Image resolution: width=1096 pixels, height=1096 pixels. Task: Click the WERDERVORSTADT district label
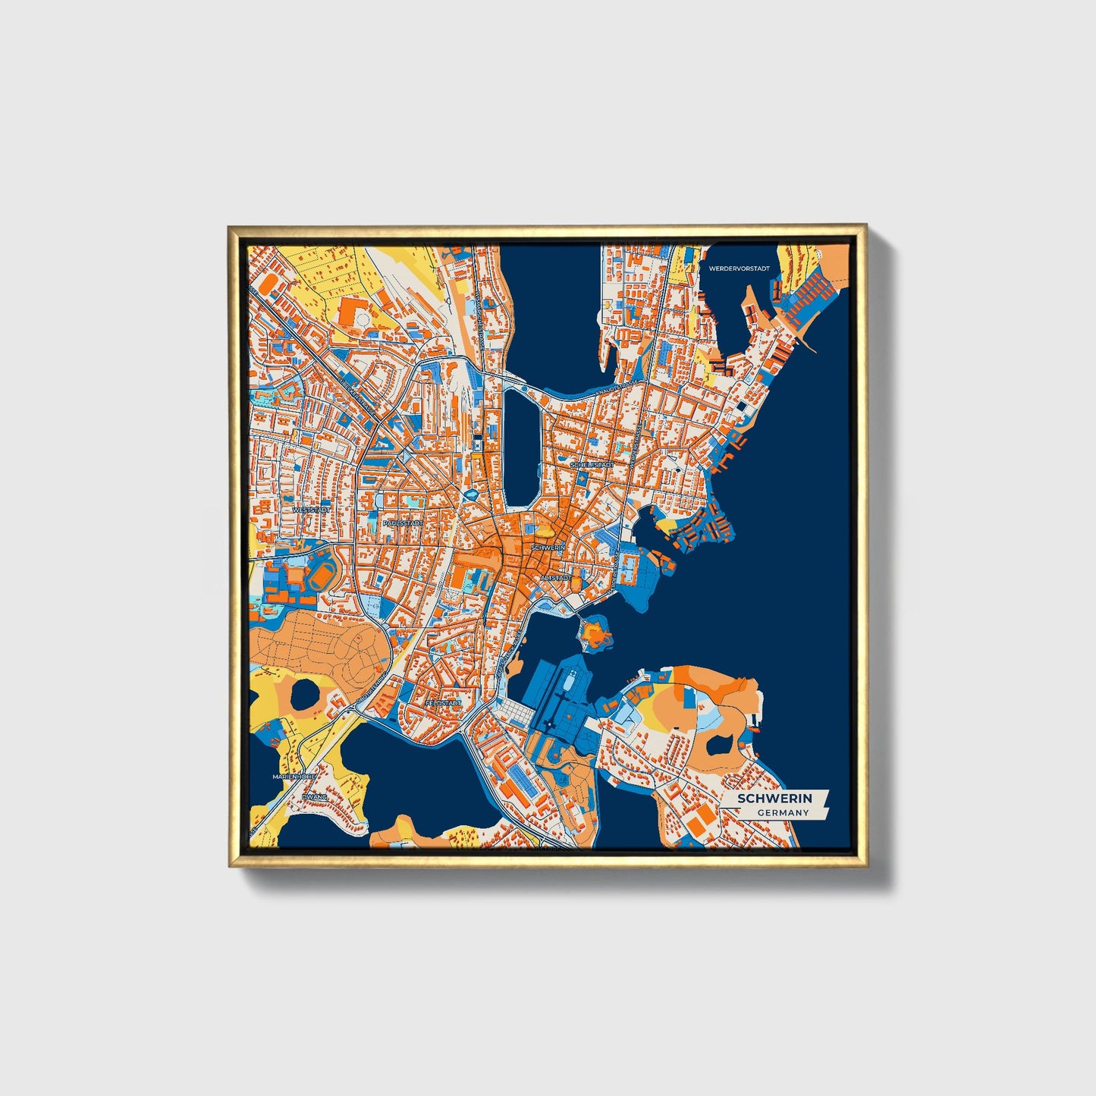(739, 269)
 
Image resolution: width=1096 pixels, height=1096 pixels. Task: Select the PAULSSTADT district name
(403, 523)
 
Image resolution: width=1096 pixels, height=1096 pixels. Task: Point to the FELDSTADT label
(443, 703)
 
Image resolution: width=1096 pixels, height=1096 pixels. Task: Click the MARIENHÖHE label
(294, 777)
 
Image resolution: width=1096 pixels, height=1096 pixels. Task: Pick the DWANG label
(314, 797)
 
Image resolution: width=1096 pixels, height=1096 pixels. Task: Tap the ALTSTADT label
(554, 578)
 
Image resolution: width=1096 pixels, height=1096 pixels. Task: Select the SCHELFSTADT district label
(592, 464)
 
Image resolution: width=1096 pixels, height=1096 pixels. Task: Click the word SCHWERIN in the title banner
(774, 798)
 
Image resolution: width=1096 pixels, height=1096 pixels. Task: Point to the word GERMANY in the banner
(782, 813)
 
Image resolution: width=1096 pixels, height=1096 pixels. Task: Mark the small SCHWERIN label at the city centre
(548, 547)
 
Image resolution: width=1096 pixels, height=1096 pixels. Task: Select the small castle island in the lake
(594, 632)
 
